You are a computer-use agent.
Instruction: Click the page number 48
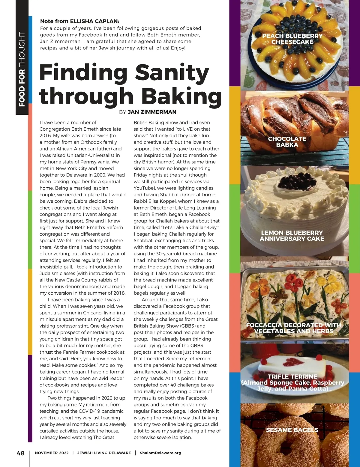20,453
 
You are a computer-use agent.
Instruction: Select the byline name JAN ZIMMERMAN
152,112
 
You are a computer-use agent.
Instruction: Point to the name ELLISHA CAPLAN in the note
94,21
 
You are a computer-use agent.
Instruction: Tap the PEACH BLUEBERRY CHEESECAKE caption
292,39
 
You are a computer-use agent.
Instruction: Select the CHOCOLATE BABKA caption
287,142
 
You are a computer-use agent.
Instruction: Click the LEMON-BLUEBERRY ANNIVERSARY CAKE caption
292,236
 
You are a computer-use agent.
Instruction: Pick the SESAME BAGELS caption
292,430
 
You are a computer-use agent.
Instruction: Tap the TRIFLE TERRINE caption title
292,376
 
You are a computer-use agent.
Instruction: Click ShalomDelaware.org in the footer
160,453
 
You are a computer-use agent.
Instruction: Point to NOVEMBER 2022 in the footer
52,453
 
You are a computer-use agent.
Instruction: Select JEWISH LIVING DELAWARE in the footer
104,453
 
